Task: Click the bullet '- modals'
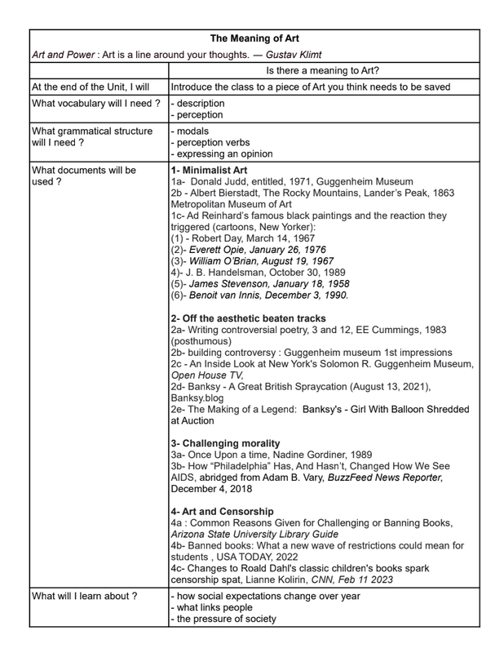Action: pyautogui.click(x=191, y=131)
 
